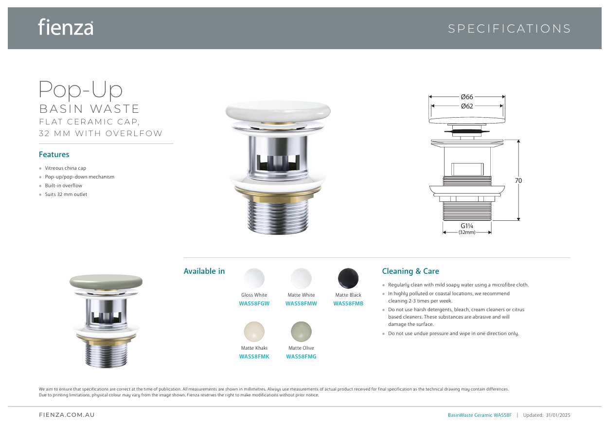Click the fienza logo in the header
tap(66, 27)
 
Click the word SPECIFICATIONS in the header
tap(509, 29)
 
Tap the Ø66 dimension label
tap(467, 97)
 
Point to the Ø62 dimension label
tap(467, 106)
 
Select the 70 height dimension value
tap(518, 180)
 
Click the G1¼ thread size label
tap(467, 226)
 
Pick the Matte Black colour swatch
tap(348, 278)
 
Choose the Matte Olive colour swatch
tap(301, 331)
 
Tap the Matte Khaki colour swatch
tap(254, 331)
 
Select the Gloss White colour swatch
tap(254, 278)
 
